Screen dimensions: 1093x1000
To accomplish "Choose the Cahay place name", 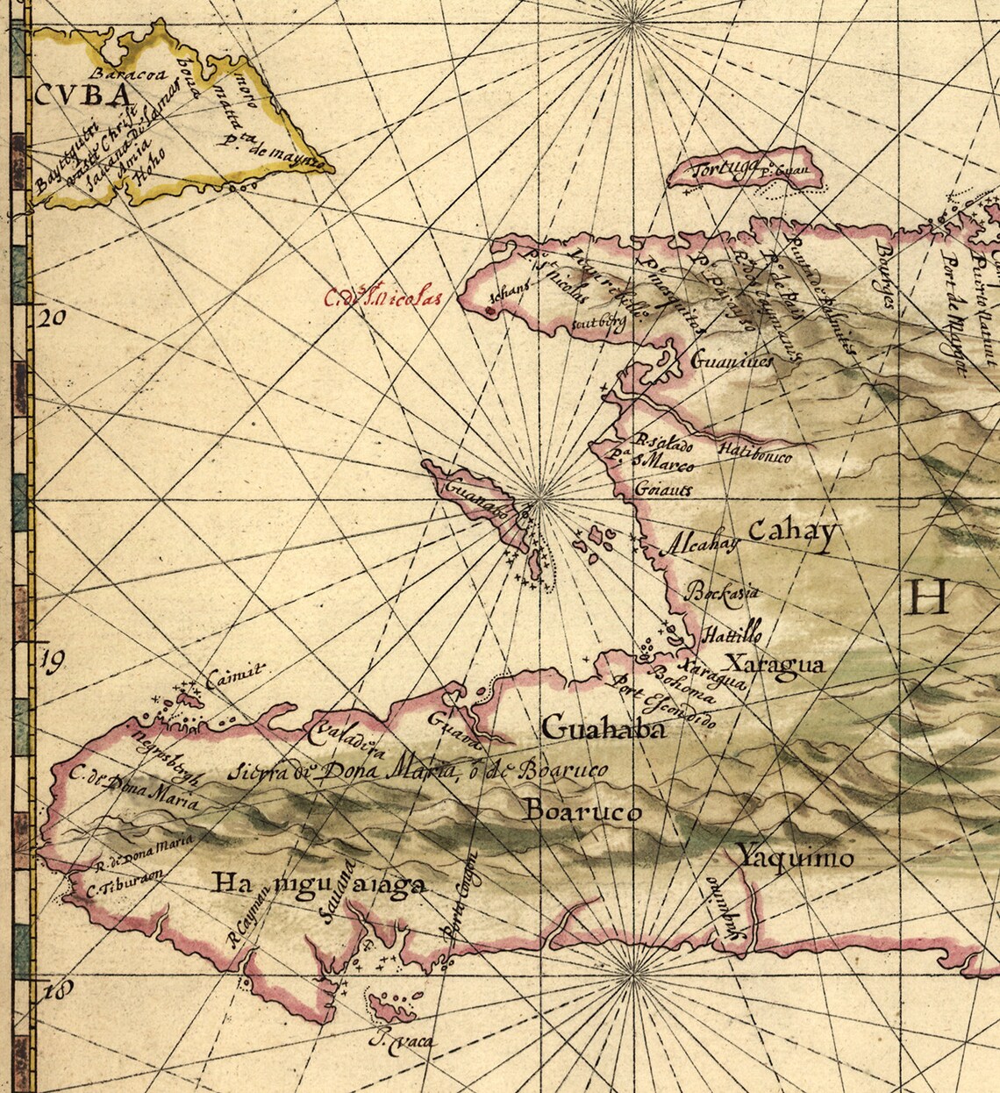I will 793,533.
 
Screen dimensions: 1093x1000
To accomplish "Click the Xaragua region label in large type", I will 775,664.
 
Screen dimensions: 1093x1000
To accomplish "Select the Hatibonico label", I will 754,453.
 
